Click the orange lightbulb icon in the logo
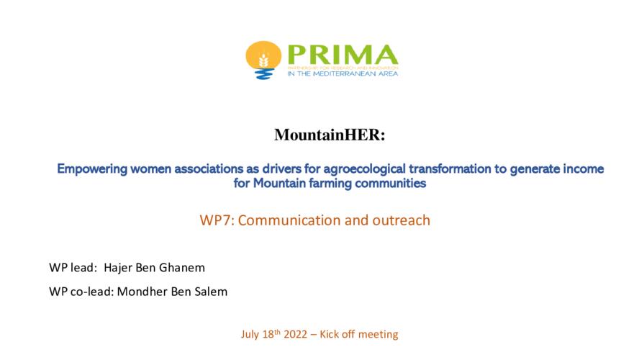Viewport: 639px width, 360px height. pyautogui.click(x=263, y=60)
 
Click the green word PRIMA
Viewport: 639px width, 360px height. pyautogui.click(x=343, y=55)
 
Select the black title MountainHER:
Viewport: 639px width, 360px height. pyautogui.click(x=330, y=135)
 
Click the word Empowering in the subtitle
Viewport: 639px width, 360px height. pyautogui.click(x=92, y=169)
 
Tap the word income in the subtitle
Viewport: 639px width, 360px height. pyautogui.click(x=583, y=168)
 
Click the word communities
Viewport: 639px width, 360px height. pyautogui.click(x=391, y=184)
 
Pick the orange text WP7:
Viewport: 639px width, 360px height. pyautogui.click(x=217, y=220)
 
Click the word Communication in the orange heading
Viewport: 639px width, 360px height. pyautogui.click(x=289, y=220)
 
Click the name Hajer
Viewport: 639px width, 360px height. pyautogui.click(x=118, y=268)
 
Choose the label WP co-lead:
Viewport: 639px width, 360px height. pyautogui.click(x=81, y=292)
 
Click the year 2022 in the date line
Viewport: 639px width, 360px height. pyautogui.click(x=296, y=334)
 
